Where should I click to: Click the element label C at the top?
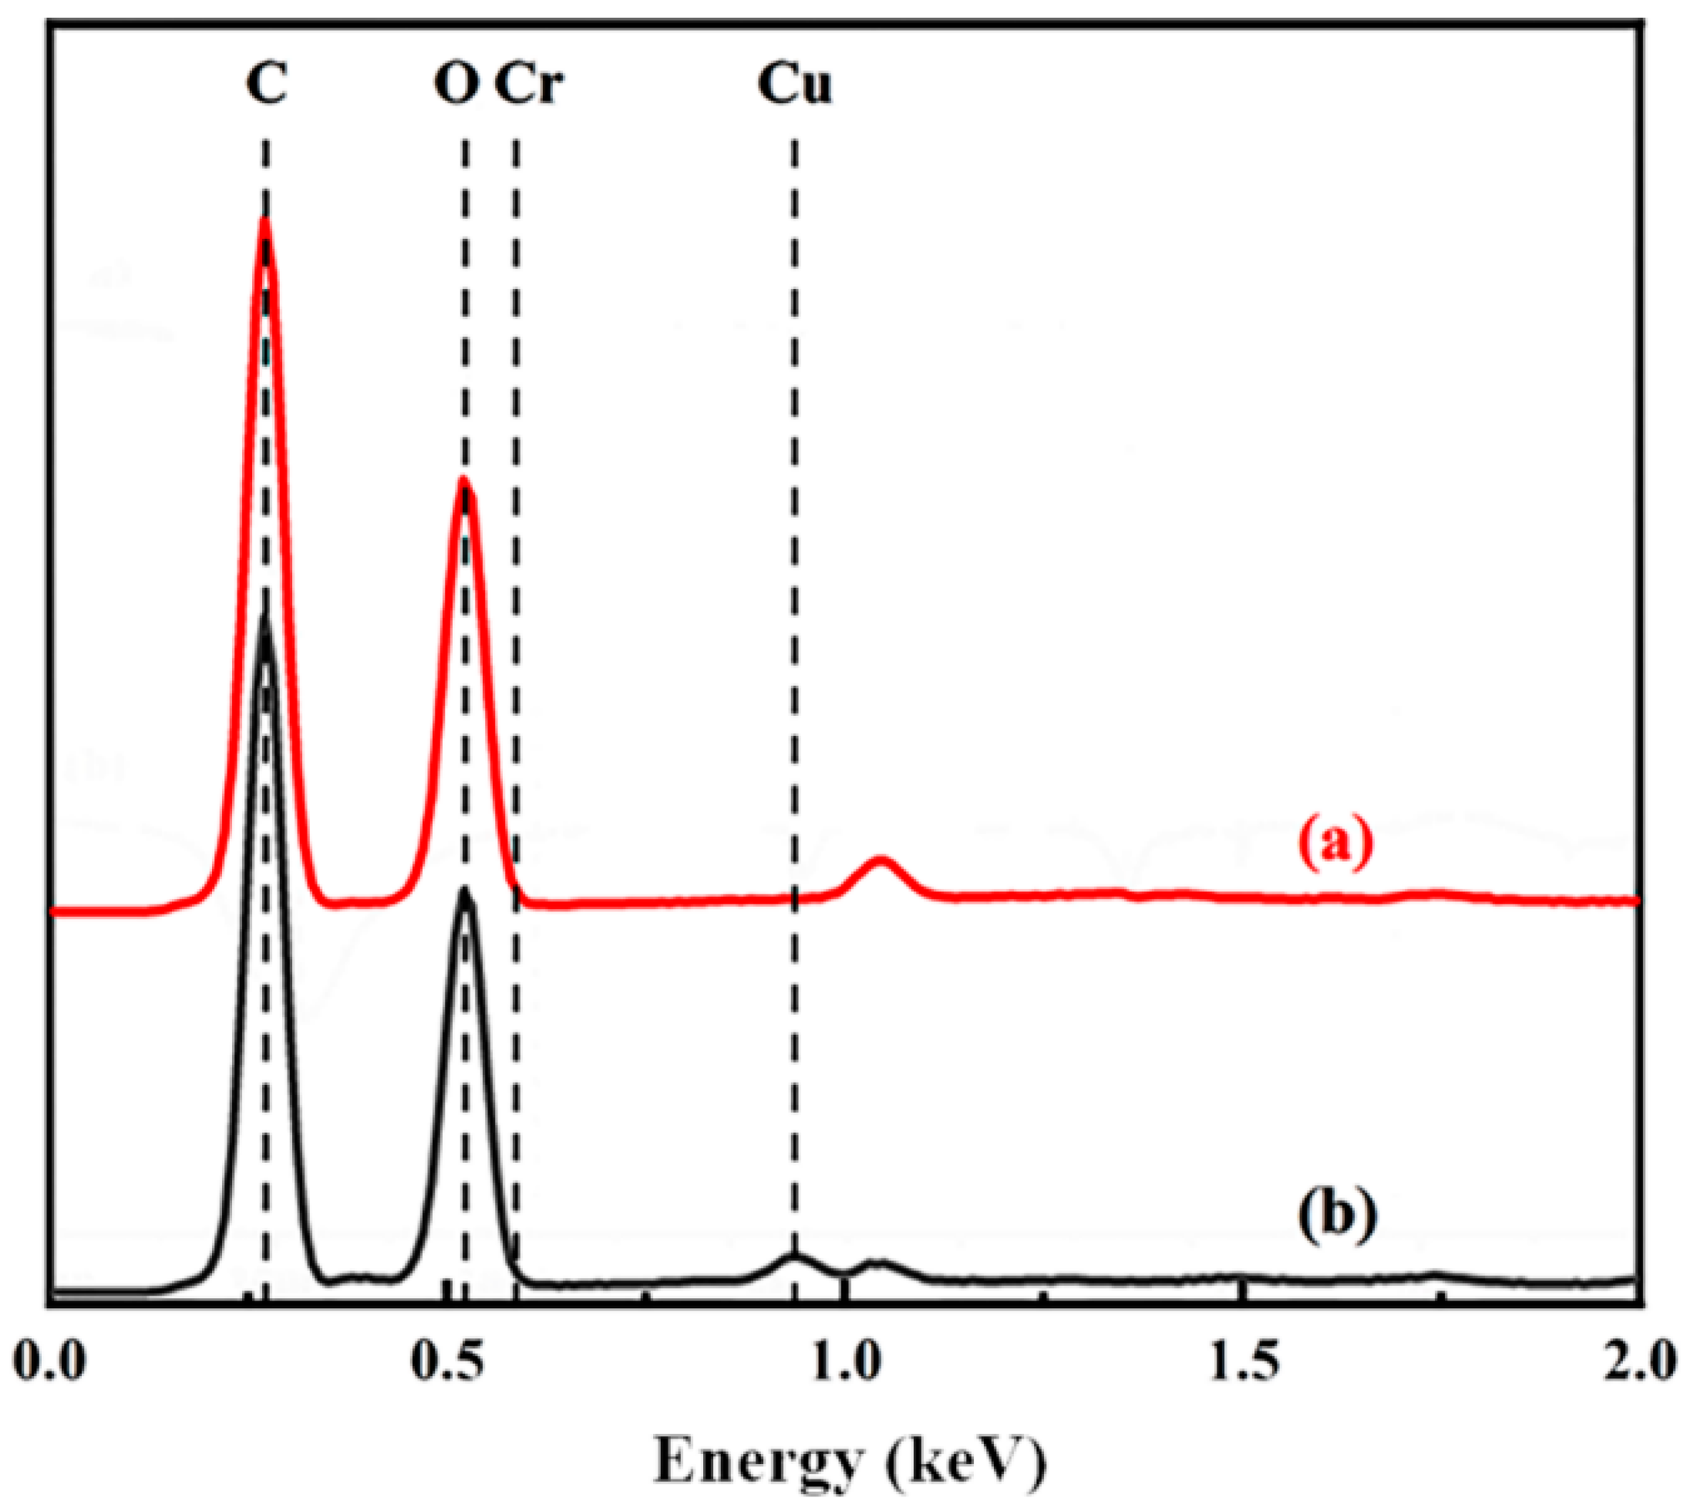(x=267, y=84)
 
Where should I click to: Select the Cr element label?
(x=529, y=84)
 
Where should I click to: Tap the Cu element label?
(x=794, y=84)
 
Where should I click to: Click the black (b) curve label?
(x=1336, y=1215)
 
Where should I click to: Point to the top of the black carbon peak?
(x=265, y=616)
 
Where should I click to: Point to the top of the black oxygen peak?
(x=464, y=890)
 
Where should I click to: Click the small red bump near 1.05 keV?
(x=881, y=861)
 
